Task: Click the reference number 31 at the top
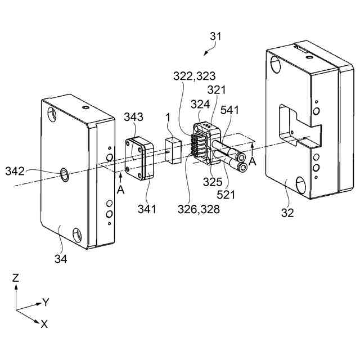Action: [215, 37]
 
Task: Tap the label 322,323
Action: [194, 75]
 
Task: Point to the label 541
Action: [230, 110]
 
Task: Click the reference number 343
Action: [133, 117]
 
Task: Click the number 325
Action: [213, 181]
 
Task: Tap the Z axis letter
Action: [16, 277]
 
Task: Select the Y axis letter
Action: [46, 303]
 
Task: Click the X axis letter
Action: [44, 323]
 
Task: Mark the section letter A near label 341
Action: [121, 190]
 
